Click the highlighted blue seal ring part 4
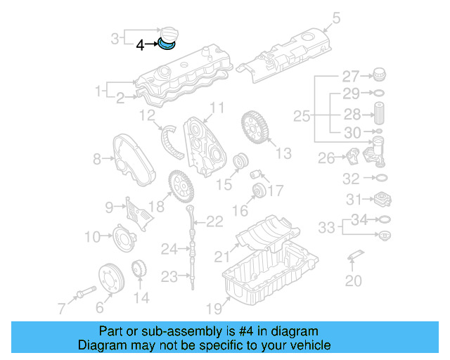(167, 46)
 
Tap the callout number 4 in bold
(140, 45)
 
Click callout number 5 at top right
(335, 18)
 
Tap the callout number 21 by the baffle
(222, 256)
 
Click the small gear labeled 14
(139, 270)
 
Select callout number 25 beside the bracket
(301, 116)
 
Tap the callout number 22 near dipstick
(214, 222)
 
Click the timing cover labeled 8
(127, 155)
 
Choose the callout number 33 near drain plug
(326, 228)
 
